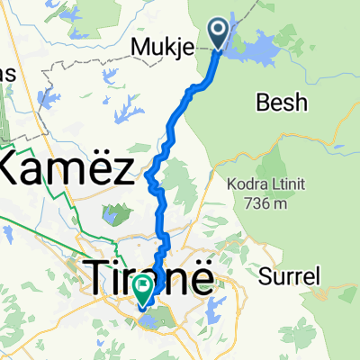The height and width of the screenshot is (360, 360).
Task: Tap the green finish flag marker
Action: click(143, 287)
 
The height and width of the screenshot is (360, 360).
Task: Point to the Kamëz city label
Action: click(67, 166)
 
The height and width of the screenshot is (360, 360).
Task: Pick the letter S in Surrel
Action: click(265, 275)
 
